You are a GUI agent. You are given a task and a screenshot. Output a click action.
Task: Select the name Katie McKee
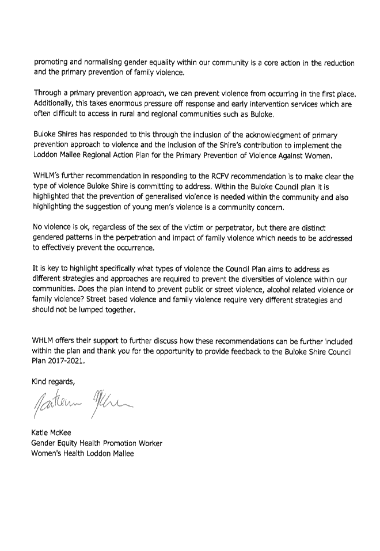pos(51,433)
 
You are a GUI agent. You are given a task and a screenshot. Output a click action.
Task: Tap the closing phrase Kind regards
pos(53,382)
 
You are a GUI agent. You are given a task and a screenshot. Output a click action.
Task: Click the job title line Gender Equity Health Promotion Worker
pos(97,443)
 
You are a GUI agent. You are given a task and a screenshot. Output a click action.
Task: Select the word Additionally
pos(53,104)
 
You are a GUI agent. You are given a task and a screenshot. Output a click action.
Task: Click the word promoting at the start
pos(50,63)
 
